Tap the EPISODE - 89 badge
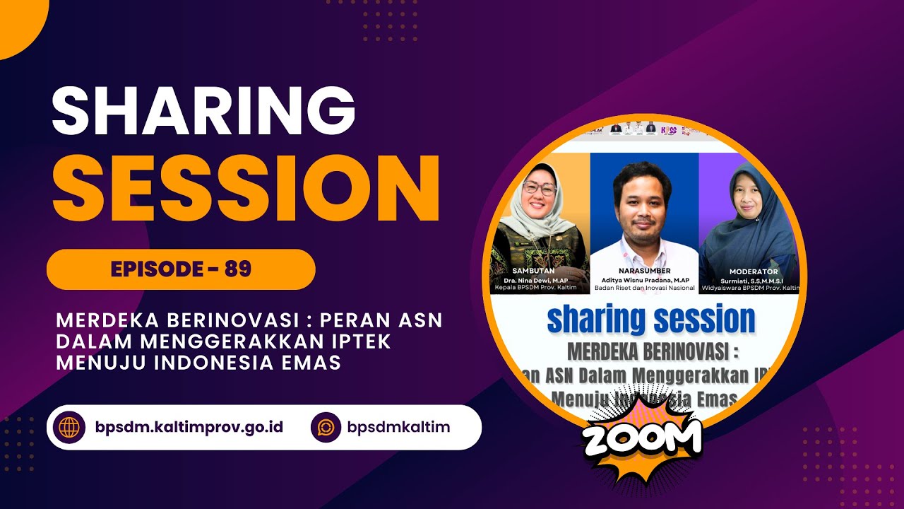tap(181, 269)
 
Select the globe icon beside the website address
tap(70, 428)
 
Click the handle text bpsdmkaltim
tap(398, 428)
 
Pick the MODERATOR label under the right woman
tap(753, 271)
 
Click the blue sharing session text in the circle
tap(650, 320)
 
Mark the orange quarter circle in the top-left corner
tap(18, 21)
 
